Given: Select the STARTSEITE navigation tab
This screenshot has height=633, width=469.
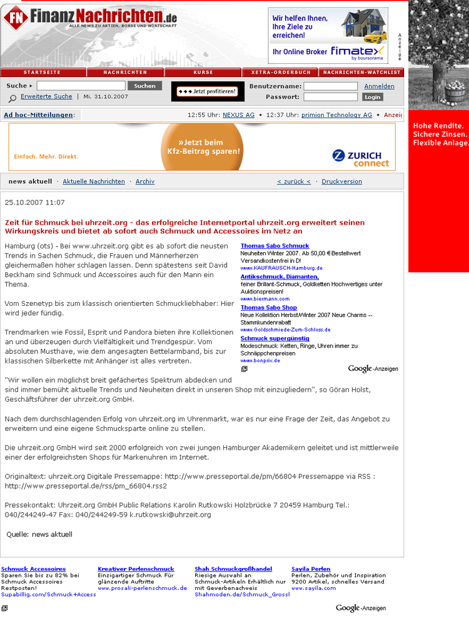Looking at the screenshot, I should (x=43, y=73).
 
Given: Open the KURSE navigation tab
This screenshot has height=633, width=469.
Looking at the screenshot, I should (x=203, y=73).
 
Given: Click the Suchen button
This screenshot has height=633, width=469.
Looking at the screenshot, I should (x=144, y=86).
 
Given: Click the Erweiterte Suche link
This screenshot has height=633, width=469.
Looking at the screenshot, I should (x=46, y=96).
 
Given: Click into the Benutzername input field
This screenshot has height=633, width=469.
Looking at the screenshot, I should (x=330, y=86).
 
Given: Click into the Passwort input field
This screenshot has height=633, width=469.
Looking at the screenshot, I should (x=330, y=97).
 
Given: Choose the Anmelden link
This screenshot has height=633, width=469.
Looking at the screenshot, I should (x=379, y=86).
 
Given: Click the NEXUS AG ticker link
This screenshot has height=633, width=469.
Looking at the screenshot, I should (x=239, y=115).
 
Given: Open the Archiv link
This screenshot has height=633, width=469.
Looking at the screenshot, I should (x=145, y=181).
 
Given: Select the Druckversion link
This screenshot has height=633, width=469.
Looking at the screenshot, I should (x=341, y=181).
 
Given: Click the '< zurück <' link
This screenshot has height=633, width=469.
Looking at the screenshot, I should (x=294, y=181).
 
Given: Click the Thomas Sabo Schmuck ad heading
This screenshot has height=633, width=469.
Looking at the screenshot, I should (x=275, y=246).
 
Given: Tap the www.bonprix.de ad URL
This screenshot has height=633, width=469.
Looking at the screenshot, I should (x=260, y=361).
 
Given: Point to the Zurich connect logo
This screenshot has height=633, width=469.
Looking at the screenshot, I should (x=364, y=158).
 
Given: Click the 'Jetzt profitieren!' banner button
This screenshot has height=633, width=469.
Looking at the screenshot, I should (x=208, y=91).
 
